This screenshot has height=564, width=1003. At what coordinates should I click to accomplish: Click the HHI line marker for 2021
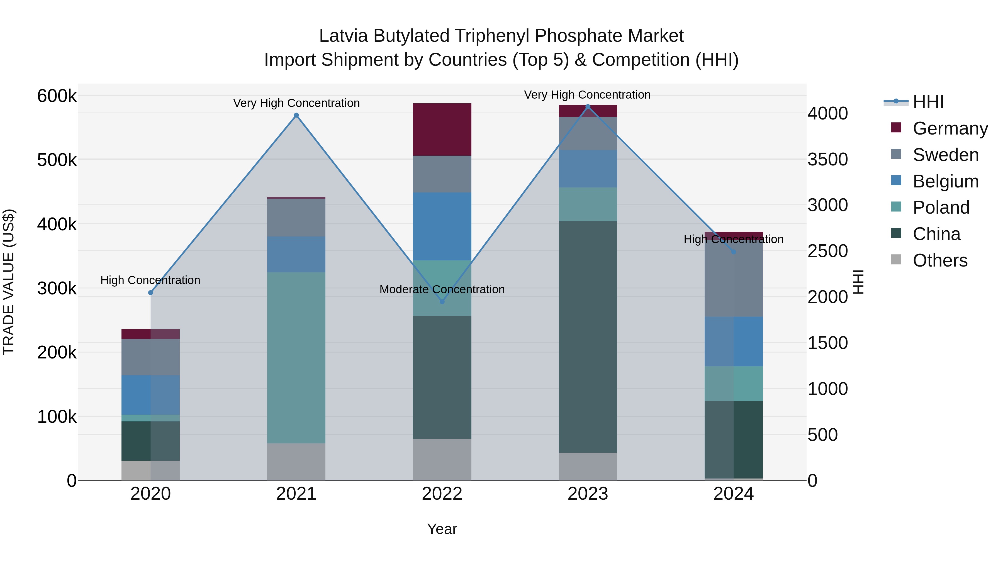coord(296,115)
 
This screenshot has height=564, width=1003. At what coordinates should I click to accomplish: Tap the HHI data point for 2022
coord(442,302)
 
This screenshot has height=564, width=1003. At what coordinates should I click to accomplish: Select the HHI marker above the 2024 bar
coord(734,252)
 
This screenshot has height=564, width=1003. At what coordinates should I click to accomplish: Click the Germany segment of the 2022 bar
coord(442,130)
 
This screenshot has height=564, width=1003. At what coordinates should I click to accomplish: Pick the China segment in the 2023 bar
coord(588,337)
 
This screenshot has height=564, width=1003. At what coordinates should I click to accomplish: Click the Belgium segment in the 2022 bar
coord(442,226)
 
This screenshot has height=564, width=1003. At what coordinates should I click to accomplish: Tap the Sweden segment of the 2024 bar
coord(734,279)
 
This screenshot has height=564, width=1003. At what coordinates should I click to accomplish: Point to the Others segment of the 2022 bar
coord(442,459)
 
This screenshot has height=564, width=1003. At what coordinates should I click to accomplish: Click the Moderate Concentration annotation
coord(442,290)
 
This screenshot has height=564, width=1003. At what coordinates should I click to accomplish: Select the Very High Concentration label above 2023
coord(587,95)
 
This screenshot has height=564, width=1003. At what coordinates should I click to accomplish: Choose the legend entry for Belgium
coord(945,181)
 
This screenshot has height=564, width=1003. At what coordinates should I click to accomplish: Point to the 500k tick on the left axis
coord(57,160)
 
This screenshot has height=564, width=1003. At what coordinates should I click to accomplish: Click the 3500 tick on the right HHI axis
coord(827,160)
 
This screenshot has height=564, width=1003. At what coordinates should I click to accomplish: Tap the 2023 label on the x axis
coord(588,494)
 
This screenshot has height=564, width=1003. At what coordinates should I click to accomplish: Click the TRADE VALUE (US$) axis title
coord(9,282)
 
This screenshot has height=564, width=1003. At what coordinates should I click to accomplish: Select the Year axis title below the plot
coord(442,529)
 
